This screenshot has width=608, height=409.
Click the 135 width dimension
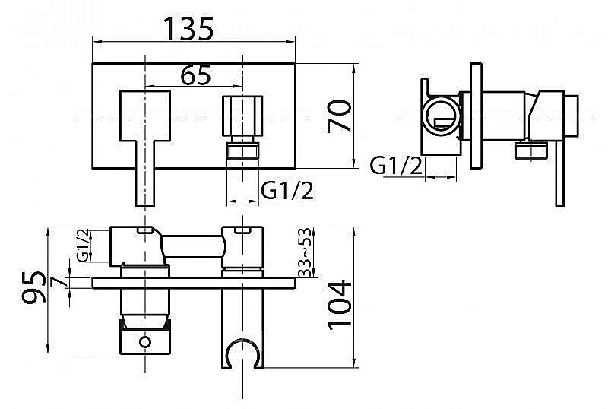[x=188, y=28]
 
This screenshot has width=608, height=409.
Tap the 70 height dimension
[x=344, y=116]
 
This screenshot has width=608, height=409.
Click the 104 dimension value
[x=342, y=305]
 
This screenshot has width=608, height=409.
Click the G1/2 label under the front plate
[x=287, y=191]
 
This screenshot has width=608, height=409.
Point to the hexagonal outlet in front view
[x=242, y=115]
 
